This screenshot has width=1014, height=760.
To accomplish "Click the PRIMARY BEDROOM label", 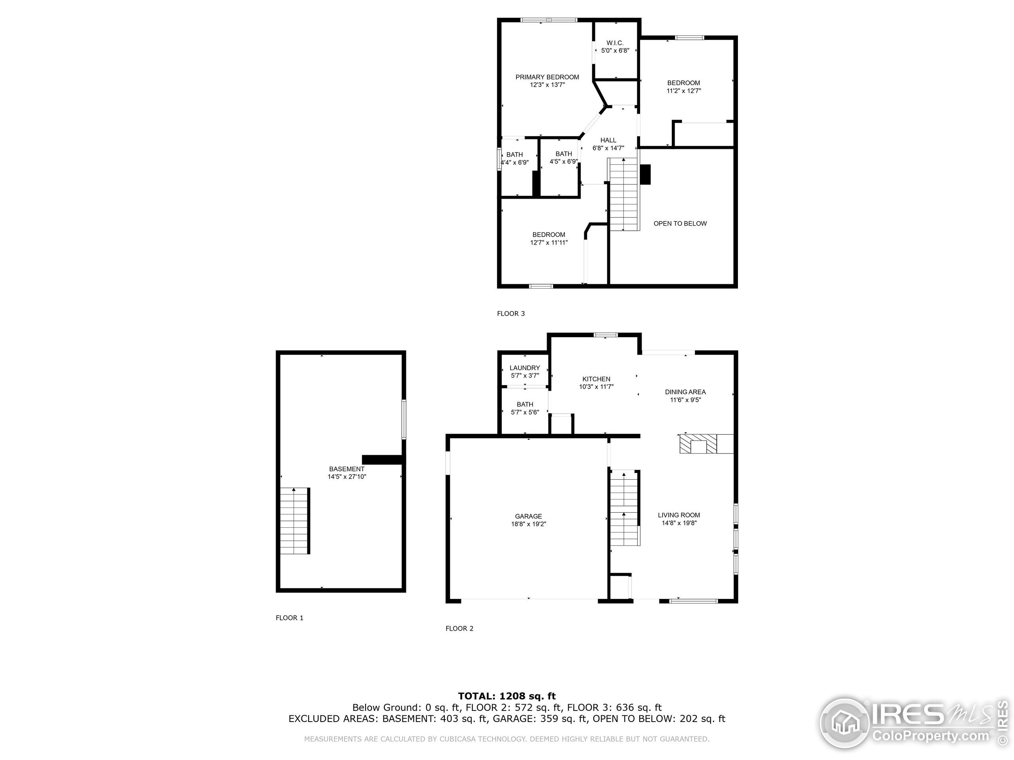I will pos(547,77).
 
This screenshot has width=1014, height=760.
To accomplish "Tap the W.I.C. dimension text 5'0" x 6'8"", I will pos(615,51).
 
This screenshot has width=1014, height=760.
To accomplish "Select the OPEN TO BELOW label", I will pos(680,224).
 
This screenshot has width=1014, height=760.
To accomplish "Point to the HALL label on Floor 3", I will pos(608,140).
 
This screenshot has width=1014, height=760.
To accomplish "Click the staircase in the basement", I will pos(294,521).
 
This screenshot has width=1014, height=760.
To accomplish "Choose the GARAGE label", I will pos(528,516).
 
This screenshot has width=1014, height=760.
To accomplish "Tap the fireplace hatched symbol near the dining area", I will pos(698,444).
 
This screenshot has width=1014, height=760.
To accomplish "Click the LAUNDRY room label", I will pos(524,368).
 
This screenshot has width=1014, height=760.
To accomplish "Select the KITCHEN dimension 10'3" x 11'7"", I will pos(596,387).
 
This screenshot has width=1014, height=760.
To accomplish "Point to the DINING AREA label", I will pos(685,392).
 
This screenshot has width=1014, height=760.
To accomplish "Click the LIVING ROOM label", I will pos(679,515).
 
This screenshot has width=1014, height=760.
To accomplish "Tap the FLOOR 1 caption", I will pos(289,617).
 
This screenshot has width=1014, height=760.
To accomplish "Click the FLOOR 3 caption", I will pos(511,313).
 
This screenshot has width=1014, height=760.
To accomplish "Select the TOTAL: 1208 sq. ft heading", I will pos(507,696).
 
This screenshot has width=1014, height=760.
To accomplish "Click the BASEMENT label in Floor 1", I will pos(347,469).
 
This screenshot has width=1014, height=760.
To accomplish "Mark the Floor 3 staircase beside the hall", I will pos(623,195).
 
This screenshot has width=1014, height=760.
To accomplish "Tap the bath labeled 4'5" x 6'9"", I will pos(563,158).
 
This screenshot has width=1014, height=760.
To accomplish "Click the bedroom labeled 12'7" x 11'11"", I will pos(549,238).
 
